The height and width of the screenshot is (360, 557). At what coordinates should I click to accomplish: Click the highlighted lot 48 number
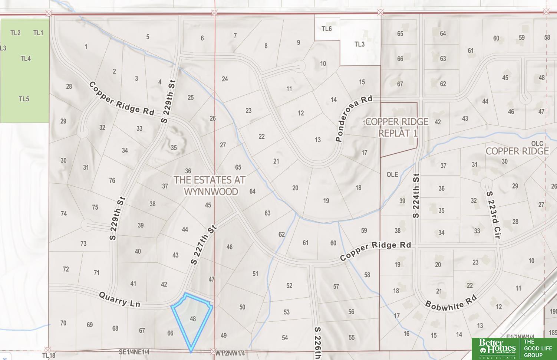coord(192,319)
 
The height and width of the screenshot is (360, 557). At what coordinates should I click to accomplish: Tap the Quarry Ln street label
coord(120,299)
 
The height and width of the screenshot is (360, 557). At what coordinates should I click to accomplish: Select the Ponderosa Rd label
coord(353,119)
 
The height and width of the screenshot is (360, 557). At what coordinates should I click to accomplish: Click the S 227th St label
coord(203,245)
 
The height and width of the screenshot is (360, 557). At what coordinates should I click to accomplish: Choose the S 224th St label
coord(416,196)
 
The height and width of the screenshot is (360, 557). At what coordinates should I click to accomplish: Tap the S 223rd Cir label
coord(494,217)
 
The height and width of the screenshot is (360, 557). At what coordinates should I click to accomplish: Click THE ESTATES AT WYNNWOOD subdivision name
coord(210,186)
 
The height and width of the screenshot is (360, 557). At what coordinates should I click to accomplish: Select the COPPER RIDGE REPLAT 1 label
coord(397,127)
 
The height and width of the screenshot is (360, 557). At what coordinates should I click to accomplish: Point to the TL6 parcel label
coord(327,29)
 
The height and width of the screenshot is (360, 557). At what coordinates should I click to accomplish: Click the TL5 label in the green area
coord(24,99)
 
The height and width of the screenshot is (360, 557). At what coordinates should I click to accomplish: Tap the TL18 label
coord(49,356)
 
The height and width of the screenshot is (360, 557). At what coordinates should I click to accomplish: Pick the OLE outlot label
coord(392,174)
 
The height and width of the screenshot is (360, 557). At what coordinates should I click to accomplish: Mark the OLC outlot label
coord(537,144)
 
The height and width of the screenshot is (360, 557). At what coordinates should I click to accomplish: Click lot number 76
coord(112,181)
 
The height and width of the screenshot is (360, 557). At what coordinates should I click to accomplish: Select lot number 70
coord(63,323)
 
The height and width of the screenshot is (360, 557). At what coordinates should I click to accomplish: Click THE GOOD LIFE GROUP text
coord(538,348)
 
